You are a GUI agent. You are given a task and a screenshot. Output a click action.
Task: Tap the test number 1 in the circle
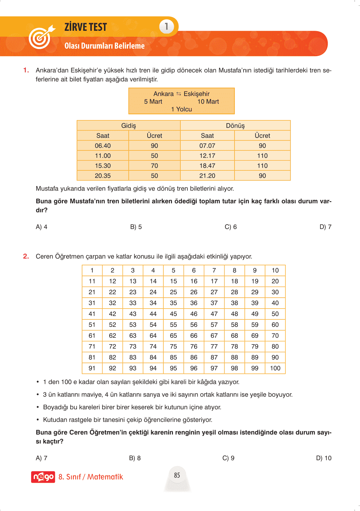(x=166, y=26)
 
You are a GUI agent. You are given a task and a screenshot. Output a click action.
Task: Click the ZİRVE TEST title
(x=86, y=27)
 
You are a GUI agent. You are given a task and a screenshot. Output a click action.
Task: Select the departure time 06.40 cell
(x=103, y=146)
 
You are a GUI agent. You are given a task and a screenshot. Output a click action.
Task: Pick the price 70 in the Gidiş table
(x=154, y=166)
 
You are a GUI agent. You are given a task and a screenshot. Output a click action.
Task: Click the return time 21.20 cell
(x=207, y=176)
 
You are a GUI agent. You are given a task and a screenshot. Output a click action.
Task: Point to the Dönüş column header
(x=235, y=125)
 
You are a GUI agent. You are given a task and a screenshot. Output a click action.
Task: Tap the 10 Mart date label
(x=208, y=102)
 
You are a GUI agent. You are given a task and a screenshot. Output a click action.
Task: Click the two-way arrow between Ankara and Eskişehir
(x=179, y=94)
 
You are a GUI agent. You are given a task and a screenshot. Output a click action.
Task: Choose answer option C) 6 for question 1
(x=231, y=227)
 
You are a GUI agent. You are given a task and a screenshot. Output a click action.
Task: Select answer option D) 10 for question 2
(x=323, y=458)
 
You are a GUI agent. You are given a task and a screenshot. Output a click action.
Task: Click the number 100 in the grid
(x=275, y=368)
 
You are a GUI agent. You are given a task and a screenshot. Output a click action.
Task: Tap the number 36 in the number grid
(x=194, y=303)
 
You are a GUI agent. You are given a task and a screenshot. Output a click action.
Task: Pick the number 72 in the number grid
(x=112, y=346)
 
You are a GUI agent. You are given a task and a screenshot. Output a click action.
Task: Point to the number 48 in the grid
(x=235, y=314)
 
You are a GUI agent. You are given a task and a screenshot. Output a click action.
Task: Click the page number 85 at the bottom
(x=177, y=475)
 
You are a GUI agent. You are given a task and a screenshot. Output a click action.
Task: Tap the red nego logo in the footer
(x=43, y=477)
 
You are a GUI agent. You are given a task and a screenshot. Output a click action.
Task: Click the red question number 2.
(x=26, y=256)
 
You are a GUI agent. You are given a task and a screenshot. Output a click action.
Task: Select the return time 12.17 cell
(x=207, y=156)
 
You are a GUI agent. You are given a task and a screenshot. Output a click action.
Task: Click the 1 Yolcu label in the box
(x=182, y=109)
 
